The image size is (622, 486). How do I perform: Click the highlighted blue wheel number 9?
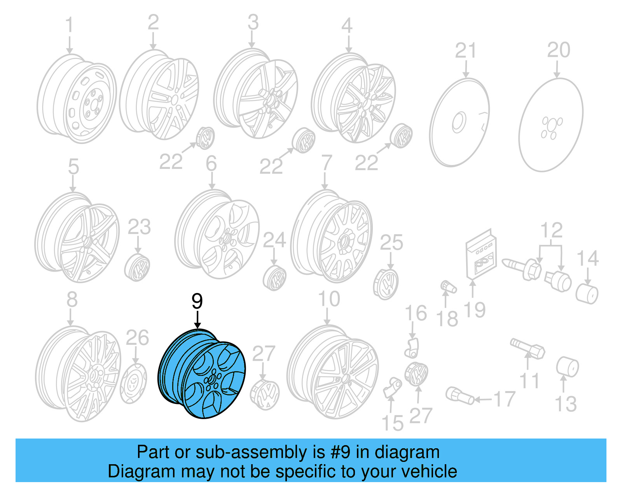pos(202,374)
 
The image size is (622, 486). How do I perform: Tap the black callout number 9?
pos(197,301)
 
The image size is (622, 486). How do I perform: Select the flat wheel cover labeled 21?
pos(459,123)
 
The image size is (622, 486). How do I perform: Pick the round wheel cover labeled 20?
pos(551,125)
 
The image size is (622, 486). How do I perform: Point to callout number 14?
pos(587,258)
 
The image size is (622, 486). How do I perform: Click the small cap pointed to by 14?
pos(587,294)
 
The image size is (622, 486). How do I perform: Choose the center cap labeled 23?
pos(137,268)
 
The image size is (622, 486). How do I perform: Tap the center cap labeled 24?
pos(274,278)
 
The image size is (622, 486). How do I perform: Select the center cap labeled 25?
pos(386,284)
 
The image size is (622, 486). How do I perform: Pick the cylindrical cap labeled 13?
pos(567,367)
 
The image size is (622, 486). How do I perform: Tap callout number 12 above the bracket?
pos(551,230)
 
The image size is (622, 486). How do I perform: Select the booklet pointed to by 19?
pos(481,255)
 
